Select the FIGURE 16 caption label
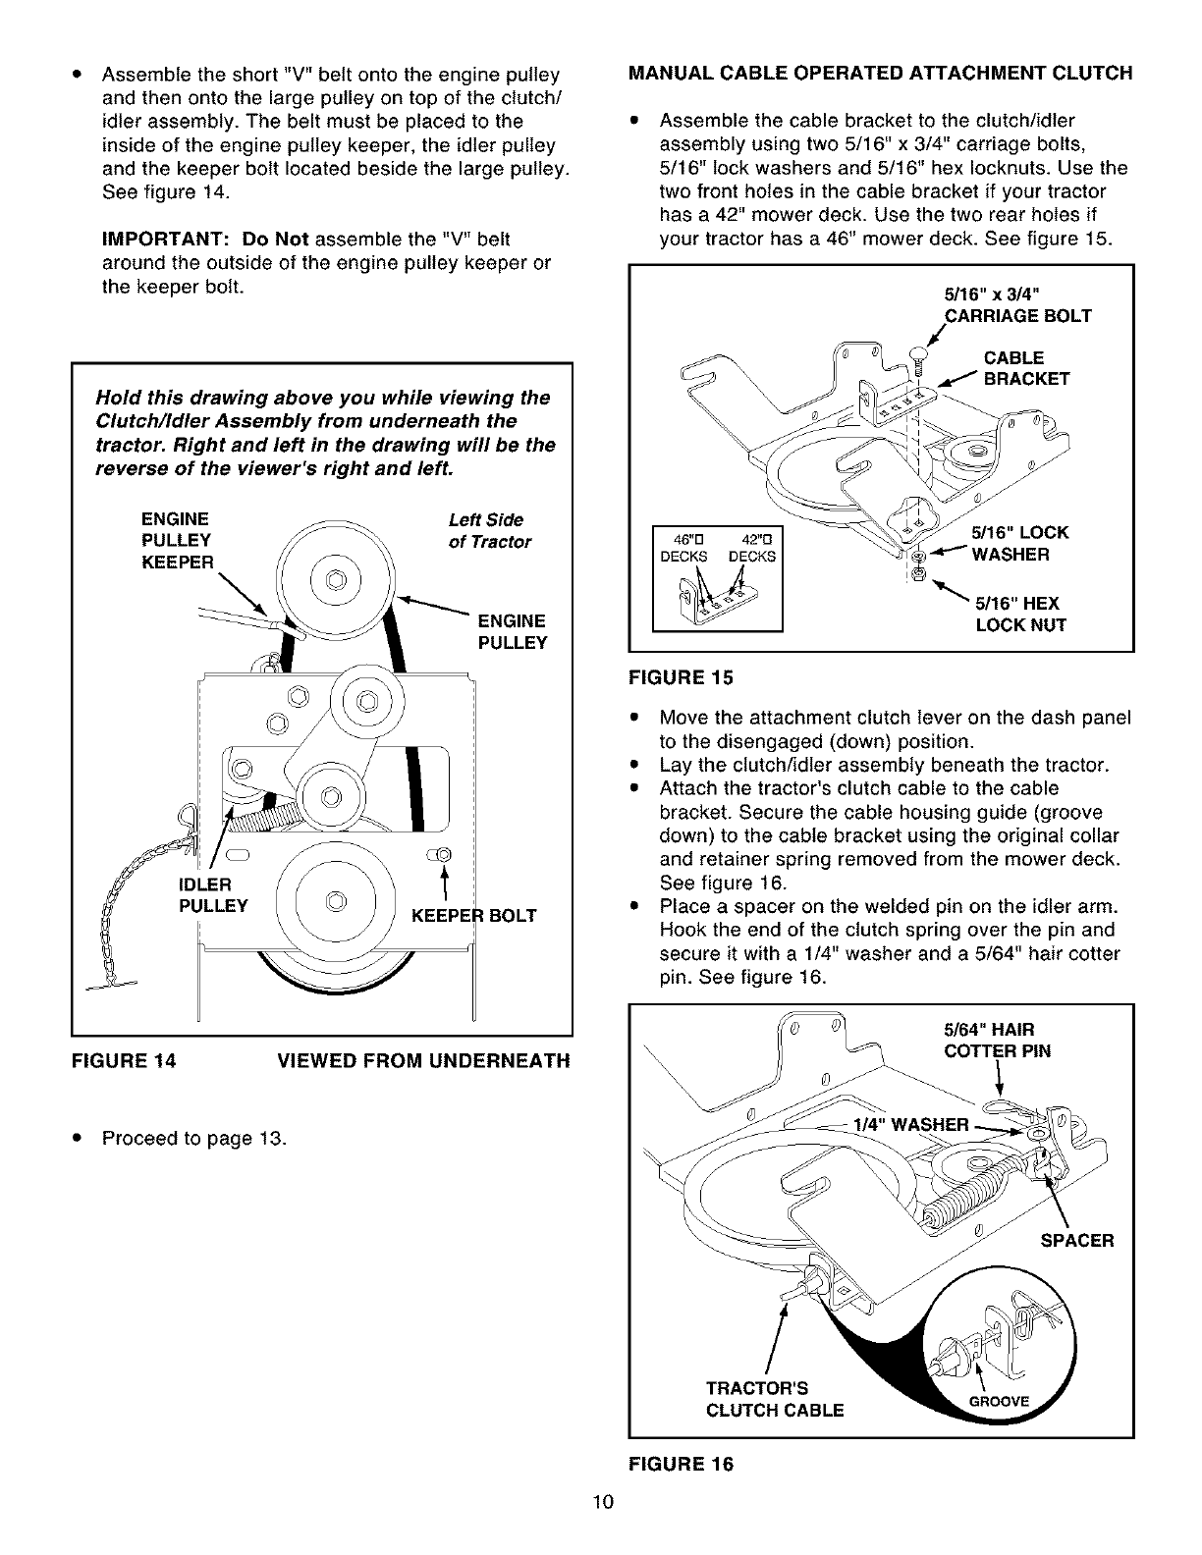[x=680, y=1463]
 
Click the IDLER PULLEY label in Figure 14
[x=212, y=894]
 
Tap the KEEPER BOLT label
[x=473, y=915]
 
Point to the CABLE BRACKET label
[x=1024, y=368]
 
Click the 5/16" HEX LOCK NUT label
[x=1019, y=614]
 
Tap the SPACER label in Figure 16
[x=1076, y=1240]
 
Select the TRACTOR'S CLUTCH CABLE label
[x=774, y=1399]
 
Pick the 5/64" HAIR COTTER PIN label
[x=996, y=1041]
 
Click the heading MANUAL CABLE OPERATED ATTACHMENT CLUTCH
[x=880, y=73]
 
